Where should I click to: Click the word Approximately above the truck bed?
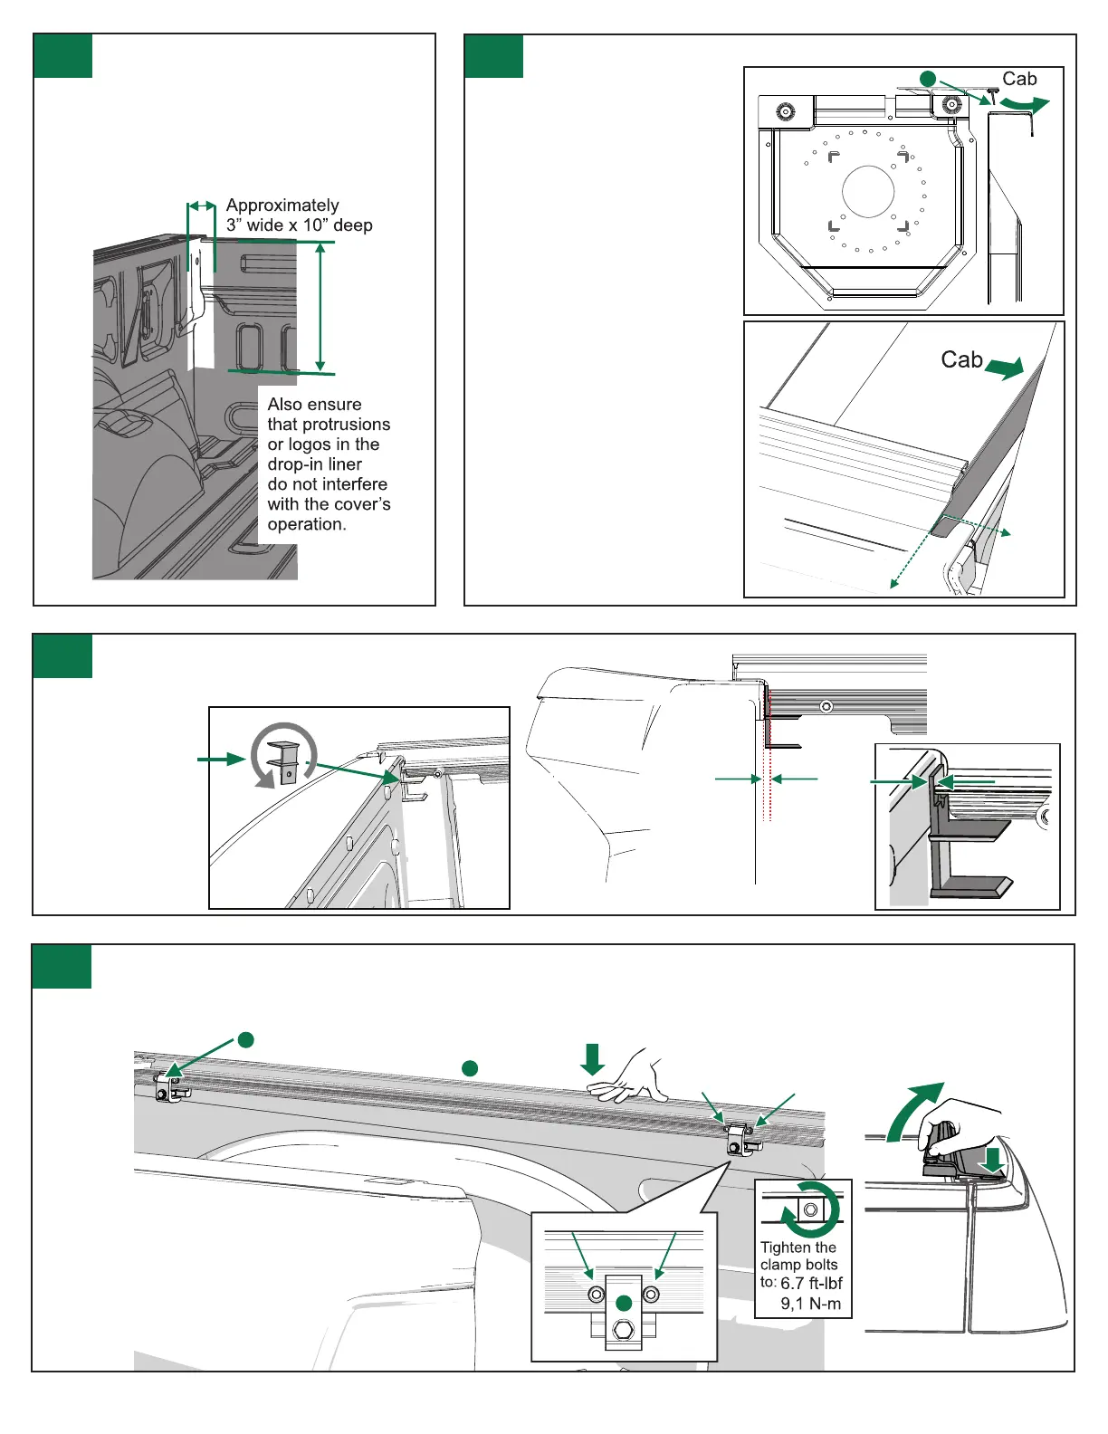pyautogui.click(x=282, y=206)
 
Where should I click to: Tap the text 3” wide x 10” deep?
pyautogui.click(x=299, y=225)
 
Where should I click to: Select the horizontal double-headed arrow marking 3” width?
pyautogui.click(x=201, y=206)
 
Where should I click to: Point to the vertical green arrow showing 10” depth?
pyautogui.click(x=320, y=308)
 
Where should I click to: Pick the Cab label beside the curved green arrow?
pyautogui.click(x=1019, y=80)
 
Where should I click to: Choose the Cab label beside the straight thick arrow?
pyautogui.click(x=961, y=360)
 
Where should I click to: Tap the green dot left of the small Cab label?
pyautogui.click(x=927, y=80)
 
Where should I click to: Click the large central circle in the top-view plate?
pyautogui.click(x=868, y=192)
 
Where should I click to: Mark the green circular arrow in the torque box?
pyautogui.click(x=809, y=1209)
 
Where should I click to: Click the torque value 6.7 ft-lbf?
pyautogui.click(x=811, y=1283)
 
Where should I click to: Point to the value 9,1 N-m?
pyautogui.click(x=811, y=1305)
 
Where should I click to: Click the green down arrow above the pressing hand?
pyautogui.click(x=593, y=1058)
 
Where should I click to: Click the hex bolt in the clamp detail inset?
pyautogui.click(x=623, y=1330)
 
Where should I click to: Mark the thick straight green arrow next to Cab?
pyautogui.click(x=1004, y=368)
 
